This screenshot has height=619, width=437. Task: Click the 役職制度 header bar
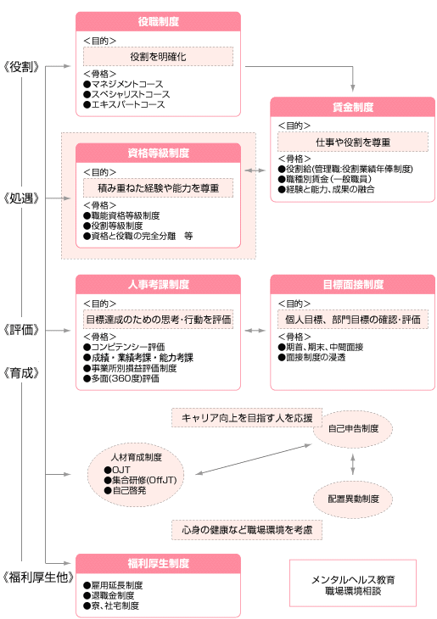(x=158, y=21)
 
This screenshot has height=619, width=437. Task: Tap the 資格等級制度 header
(x=158, y=153)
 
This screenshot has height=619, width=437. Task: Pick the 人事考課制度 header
(x=158, y=284)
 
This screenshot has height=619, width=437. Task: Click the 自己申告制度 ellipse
(x=352, y=428)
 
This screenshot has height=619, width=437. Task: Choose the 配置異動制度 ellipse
(x=352, y=498)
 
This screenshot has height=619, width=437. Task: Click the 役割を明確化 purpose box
(x=158, y=56)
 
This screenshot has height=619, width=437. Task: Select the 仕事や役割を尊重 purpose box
(x=352, y=141)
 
